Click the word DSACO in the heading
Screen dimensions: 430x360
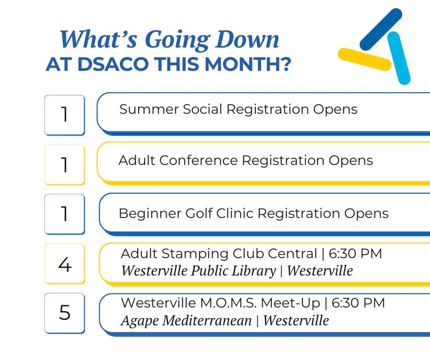click(x=114, y=64)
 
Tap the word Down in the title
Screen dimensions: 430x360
click(x=247, y=39)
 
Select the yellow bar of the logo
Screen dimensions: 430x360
click(x=364, y=59)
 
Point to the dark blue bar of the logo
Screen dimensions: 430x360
click(x=380, y=29)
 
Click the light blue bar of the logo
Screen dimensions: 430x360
click(x=399, y=58)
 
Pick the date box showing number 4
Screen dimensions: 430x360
click(x=65, y=264)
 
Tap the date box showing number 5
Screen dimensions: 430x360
click(x=65, y=313)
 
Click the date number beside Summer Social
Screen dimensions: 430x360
click(x=65, y=114)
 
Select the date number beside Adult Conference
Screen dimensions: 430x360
click(x=65, y=164)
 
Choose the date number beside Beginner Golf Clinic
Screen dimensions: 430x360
click(x=65, y=213)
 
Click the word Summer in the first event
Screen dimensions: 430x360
click(x=149, y=109)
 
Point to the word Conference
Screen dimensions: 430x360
click(x=198, y=160)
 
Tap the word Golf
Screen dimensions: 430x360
click(x=199, y=213)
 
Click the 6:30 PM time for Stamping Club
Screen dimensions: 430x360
click(x=355, y=253)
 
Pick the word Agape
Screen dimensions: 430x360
click(x=140, y=321)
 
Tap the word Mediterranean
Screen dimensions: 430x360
click(x=207, y=320)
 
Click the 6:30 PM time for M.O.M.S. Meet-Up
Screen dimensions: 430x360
click(x=358, y=303)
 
